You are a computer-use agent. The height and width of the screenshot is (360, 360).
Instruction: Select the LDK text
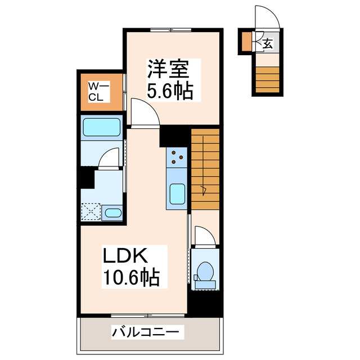coord(125,256)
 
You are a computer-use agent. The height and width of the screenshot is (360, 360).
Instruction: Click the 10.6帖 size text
coord(130,277)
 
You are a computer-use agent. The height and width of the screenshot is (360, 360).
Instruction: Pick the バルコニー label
coord(147,332)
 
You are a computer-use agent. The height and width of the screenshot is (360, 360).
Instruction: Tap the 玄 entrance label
coord(268,43)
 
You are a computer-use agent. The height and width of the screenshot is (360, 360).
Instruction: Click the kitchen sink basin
coord(177,195)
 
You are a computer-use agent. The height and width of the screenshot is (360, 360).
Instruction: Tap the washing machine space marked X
coord(91,212)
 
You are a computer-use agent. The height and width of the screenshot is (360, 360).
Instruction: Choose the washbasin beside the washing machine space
coord(114,213)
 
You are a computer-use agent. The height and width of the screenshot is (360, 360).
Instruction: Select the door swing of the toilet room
coord(201,236)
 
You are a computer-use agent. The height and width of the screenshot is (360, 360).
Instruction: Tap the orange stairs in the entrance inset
coord(265,79)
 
